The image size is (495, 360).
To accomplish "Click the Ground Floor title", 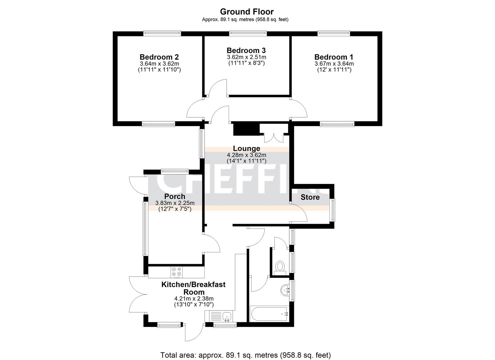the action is click(247, 11).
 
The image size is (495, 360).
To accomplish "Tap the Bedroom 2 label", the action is click(159, 57).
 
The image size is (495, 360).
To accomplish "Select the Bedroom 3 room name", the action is click(246, 50).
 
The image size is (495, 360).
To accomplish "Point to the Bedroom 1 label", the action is click(334, 57).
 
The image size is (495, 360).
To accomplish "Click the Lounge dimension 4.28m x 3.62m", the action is click(247, 155).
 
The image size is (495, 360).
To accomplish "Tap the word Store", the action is click(310, 197).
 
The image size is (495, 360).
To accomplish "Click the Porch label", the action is click(175, 196).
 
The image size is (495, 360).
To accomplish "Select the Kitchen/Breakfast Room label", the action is click(194, 288).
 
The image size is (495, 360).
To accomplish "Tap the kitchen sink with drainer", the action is click(218, 316).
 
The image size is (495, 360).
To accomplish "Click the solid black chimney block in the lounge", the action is click(246, 129).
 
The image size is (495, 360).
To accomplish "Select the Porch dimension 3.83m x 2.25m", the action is click(175, 203).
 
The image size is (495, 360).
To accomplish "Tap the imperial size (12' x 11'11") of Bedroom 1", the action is click(334, 70).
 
